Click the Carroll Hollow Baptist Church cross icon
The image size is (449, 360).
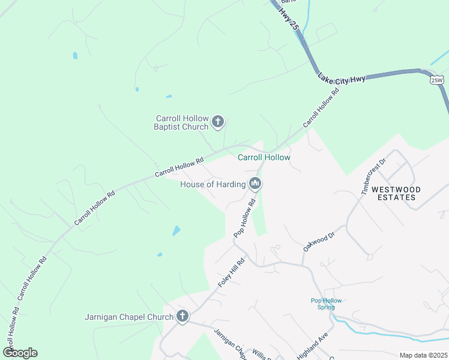click(x=218, y=122)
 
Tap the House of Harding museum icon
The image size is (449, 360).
click(x=255, y=184)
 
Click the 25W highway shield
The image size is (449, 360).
click(x=436, y=79)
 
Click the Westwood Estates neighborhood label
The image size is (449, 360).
click(x=396, y=193)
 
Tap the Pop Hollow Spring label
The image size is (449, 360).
click(x=326, y=304)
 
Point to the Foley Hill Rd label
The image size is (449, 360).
click(x=232, y=272)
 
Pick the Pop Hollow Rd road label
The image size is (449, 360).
click(x=244, y=218)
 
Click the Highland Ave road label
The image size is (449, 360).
click(x=311, y=346)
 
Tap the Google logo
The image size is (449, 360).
click(x=20, y=353)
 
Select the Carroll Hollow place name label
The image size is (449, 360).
click(x=264, y=158)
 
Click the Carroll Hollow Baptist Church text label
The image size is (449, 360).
click(x=182, y=122)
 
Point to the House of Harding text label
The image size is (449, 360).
click(x=212, y=184)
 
